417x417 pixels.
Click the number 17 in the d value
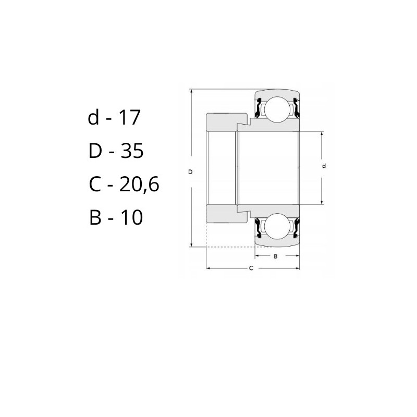coord(129,117)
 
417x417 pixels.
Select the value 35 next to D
coord(132,151)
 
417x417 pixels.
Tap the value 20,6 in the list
coord(139,185)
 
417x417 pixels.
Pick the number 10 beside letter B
coord(132,217)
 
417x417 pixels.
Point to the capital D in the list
coord(95,151)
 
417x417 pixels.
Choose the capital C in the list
coord(95,185)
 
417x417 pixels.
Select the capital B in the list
coord(95,217)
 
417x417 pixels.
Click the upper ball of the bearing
coord(277,109)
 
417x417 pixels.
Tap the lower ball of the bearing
coord(277,226)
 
